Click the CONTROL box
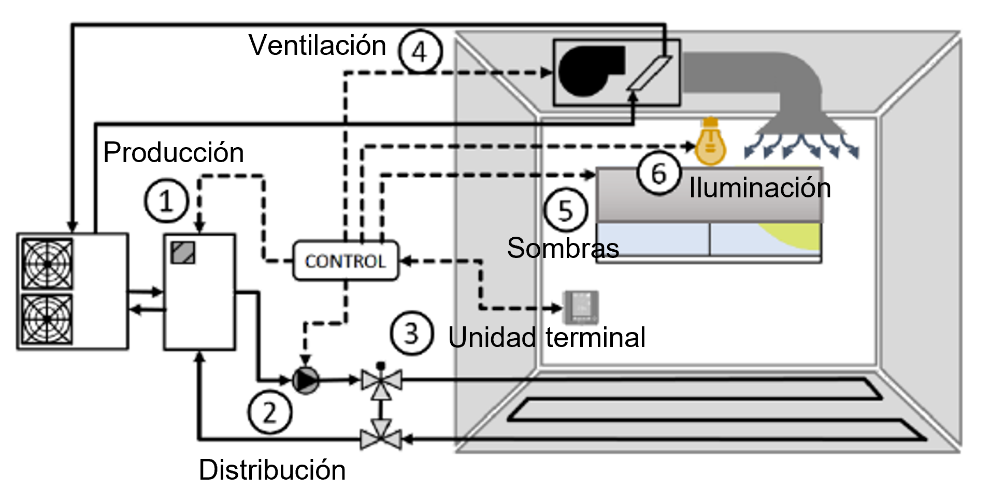346,261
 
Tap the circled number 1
166,201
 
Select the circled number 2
270,413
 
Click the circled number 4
420,52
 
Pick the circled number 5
566,210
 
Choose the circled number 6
658,173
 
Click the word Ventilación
317,45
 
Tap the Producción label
174,152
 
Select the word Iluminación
759,188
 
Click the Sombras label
563,248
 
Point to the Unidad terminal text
547,338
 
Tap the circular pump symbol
306,381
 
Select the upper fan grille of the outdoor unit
47,264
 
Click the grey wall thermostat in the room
581,307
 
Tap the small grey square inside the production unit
183,253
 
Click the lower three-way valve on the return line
381,439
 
